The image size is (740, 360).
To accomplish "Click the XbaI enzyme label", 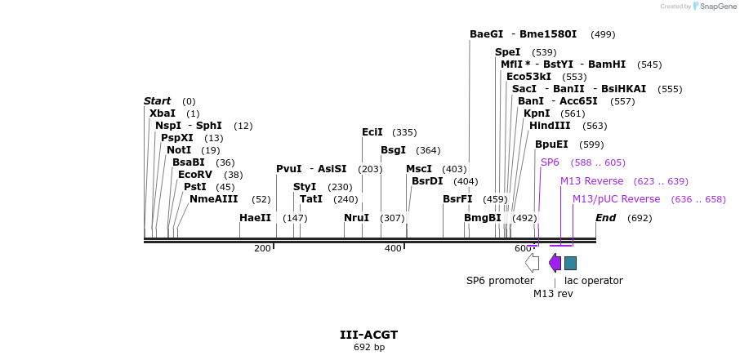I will (x=163, y=113).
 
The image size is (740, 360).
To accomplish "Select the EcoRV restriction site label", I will (x=194, y=175).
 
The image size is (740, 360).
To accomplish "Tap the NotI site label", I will (x=179, y=150).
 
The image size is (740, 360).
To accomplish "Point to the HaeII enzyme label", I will (x=255, y=218).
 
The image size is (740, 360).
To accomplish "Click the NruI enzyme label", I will (x=357, y=218).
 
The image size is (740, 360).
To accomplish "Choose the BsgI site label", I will (x=393, y=150).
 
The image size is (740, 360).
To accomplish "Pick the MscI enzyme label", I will (x=419, y=169).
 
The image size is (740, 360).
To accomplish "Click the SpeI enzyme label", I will (x=507, y=52).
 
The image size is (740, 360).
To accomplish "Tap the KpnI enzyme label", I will (x=537, y=113).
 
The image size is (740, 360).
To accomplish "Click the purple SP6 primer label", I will (x=550, y=162).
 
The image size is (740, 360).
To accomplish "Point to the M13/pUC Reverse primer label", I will (x=616, y=199).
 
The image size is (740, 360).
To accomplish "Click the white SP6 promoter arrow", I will (x=532, y=262).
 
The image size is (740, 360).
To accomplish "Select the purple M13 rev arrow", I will (x=555, y=262).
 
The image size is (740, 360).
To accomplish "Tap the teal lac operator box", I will (x=570, y=263).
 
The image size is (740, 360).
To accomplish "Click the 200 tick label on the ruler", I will (x=262, y=248).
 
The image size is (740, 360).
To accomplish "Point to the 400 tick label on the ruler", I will (x=393, y=248).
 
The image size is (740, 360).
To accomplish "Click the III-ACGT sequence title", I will (x=369, y=335).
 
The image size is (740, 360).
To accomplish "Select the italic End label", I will (x=605, y=218).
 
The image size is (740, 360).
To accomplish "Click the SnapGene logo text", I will (x=715, y=7).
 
